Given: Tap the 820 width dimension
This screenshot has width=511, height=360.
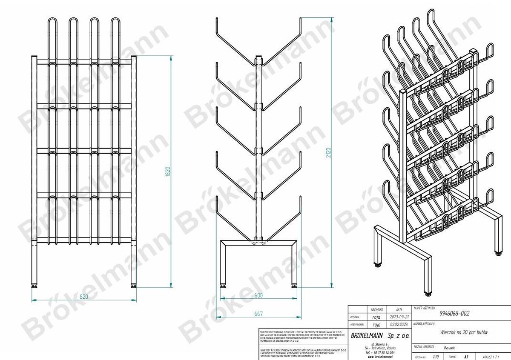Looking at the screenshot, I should tap(84, 297).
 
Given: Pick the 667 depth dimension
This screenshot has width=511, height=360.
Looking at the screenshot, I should tap(258, 314).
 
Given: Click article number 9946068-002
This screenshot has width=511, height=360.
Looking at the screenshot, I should tap(454, 314).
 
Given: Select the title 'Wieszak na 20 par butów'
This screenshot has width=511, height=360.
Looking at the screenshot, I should tap(463, 332).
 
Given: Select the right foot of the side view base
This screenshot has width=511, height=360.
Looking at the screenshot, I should tap(294, 286).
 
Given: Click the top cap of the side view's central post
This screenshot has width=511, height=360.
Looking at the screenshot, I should tap(258, 56).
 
